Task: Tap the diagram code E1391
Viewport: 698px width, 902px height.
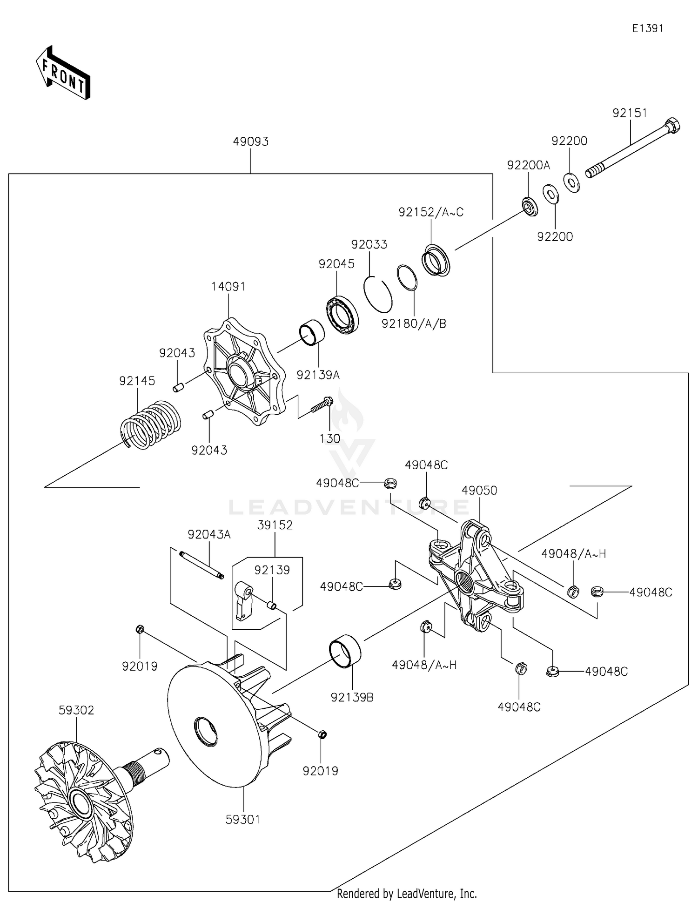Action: click(x=647, y=28)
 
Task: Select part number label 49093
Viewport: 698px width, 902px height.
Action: click(x=251, y=141)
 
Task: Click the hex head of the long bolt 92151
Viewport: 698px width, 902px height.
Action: click(x=673, y=125)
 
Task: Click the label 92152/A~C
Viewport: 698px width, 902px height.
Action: click(x=431, y=212)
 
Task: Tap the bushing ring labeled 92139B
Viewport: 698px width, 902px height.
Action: click(x=345, y=653)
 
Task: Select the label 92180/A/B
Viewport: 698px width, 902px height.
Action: click(x=414, y=323)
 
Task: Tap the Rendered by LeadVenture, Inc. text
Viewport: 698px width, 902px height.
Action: click(x=407, y=894)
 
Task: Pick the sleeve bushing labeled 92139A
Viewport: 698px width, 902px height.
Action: click(x=311, y=334)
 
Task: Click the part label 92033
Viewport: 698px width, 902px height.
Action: click(x=369, y=244)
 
